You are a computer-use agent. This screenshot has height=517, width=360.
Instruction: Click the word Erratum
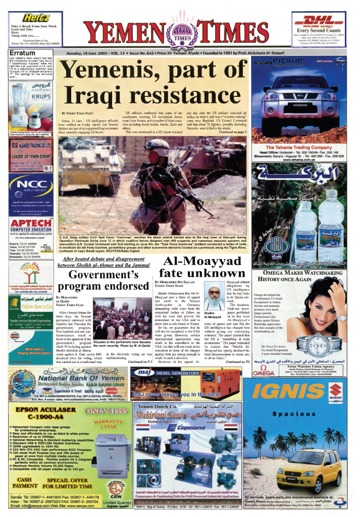tap(22, 53)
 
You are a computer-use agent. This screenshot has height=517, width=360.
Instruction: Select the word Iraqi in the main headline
tap(100, 94)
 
